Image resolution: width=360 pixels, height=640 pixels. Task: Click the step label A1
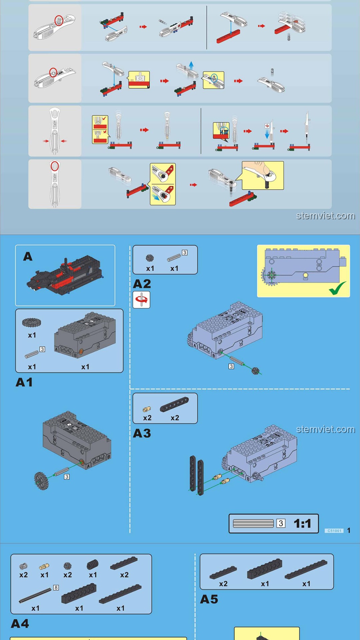click(x=24, y=382)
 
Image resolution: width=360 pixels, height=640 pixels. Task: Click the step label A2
click(x=142, y=284)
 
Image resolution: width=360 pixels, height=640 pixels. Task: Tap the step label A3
click(x=142, y=433)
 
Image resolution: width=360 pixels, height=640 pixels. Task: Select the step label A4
click(x=20, y=623)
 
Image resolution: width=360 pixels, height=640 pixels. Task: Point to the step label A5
click(x=209, y=599)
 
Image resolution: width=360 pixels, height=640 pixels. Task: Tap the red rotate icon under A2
click(x=141, y=299)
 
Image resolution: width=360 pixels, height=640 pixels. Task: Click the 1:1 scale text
click(x=302, y=524)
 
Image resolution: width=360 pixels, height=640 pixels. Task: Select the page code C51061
click(x=334, y=531)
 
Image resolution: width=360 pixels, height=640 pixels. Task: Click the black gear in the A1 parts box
click(x=32, y=322)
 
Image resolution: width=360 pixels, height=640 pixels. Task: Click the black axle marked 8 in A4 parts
click(x=35, y=596)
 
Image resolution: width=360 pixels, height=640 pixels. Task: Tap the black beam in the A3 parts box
click(x=174, y=404)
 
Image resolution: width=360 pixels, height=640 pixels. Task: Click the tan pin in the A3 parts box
click(x=147, y=409)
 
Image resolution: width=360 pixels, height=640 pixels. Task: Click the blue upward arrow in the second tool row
click(x=191, y=64)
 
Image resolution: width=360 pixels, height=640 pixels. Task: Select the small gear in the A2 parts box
click(x=150, y=258)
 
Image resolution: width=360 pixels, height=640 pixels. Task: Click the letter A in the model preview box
click(x=28, y=256)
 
